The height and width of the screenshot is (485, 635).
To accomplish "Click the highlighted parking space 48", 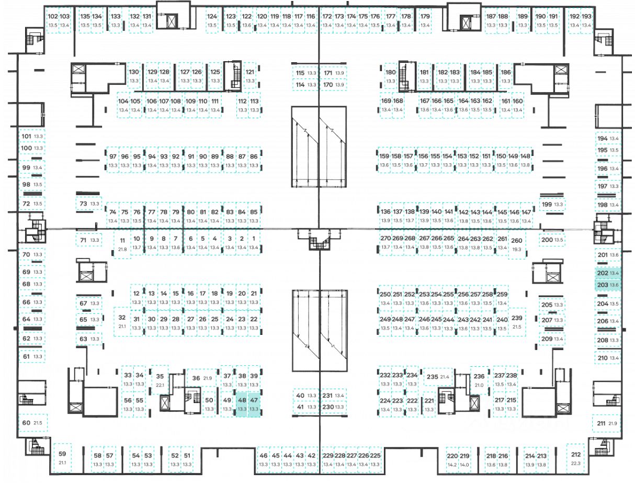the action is [242, 404].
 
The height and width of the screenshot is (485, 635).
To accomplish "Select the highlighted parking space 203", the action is [608, 285].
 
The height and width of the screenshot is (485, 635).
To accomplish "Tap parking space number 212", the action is [576, 459].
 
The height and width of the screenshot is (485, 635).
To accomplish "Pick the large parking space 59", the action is [62, 458].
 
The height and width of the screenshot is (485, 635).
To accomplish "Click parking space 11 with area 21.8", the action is [122, 244].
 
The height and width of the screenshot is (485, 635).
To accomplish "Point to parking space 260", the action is [516, 244].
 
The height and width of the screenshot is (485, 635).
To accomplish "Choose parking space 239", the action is [517, 322].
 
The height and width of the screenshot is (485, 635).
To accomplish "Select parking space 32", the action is [122, 321].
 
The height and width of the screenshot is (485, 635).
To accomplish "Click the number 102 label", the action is [52, 16].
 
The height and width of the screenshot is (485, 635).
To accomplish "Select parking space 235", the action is [438, 377].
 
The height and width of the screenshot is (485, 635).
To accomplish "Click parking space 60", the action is [32, 422].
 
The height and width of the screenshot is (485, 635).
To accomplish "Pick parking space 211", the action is [607, 423].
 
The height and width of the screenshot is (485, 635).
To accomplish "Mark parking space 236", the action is [479, 380].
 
